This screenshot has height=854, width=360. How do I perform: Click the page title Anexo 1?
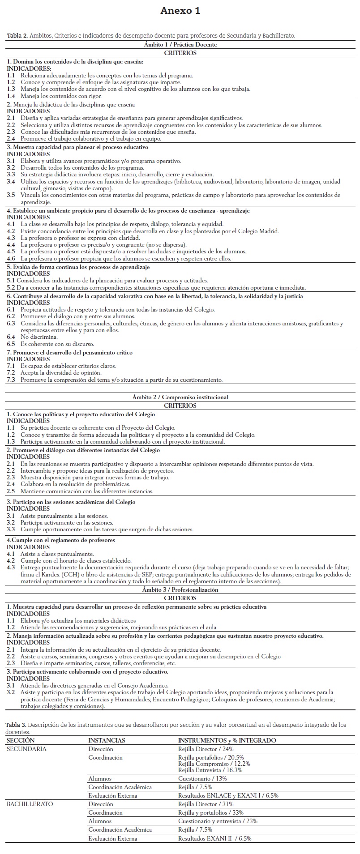click(180, 11)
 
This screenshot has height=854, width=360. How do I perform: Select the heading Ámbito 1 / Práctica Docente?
click(180, 45)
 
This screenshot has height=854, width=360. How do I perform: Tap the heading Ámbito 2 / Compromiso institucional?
click(180, 397)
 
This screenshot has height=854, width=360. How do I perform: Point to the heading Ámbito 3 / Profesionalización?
click(180, 589)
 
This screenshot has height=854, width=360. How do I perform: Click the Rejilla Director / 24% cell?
click(206, 749)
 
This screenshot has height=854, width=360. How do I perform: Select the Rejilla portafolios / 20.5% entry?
click(214, 758)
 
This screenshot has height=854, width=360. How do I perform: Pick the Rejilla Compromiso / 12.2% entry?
click(214, 764)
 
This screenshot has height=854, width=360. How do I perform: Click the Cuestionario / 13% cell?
click(202, 778)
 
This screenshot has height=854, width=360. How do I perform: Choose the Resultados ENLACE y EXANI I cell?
click(228, 795)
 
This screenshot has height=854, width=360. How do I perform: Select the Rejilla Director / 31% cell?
click(206, 804)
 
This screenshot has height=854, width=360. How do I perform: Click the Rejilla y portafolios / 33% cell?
click(210, 812)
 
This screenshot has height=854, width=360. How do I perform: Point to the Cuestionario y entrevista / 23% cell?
click(218, 821)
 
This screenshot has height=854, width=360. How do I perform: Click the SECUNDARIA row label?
click(26, 749)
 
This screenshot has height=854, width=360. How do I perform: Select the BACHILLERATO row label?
click(30, 804)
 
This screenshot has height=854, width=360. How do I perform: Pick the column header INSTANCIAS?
click(107, 740)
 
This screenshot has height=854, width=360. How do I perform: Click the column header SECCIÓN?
click(21, 740)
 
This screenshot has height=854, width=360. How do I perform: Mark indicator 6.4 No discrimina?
click(32, 337)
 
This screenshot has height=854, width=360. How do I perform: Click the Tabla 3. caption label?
click(16, 724)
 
